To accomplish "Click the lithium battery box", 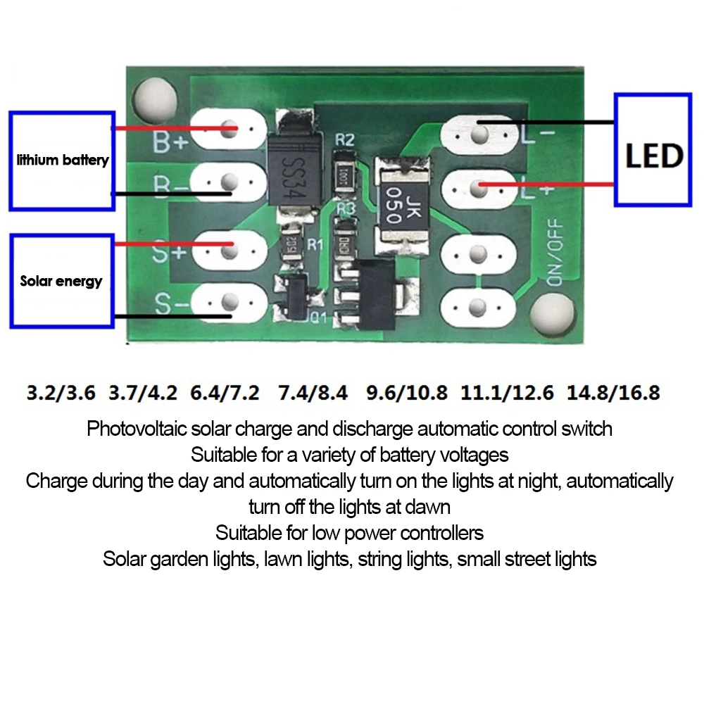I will [62, 160].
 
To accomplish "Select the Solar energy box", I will [62, 281].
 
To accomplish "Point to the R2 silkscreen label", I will [344, 139].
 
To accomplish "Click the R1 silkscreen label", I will [315, 244].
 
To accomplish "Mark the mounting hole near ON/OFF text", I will [554, 313].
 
